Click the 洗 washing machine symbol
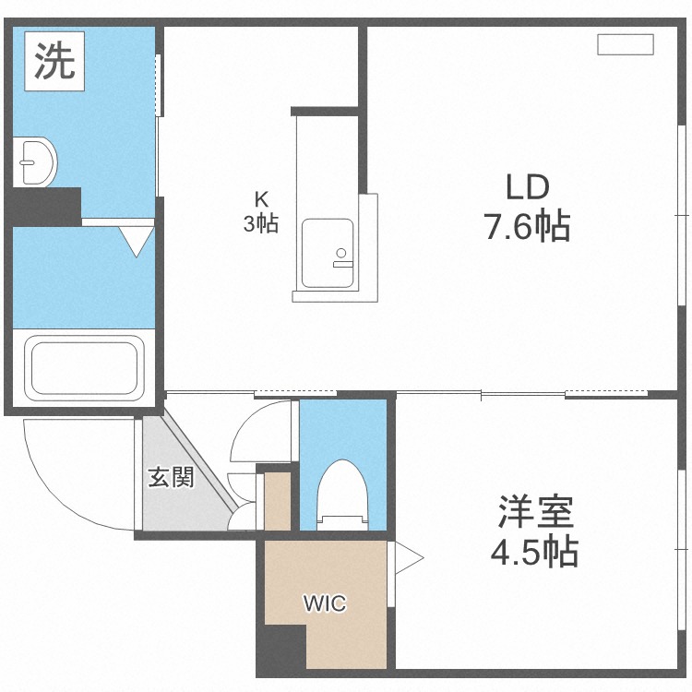click(x=54, y=61)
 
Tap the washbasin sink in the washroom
click(x=34, y=163)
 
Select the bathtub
click(x=84, y=366)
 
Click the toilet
click(x=342, y=494)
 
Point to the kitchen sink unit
click(x=328, y=254)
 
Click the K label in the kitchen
click(x=262, y=197)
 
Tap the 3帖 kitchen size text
click(x=261, y=223)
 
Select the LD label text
click(x=527, y=187)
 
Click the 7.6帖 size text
click(x=527, y=226)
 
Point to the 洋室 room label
click(x=536, y=510)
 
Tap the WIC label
click(x=325, y=604)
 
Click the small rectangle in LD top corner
click(x=625, y=43)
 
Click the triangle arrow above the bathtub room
click(x=138, y=241)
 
